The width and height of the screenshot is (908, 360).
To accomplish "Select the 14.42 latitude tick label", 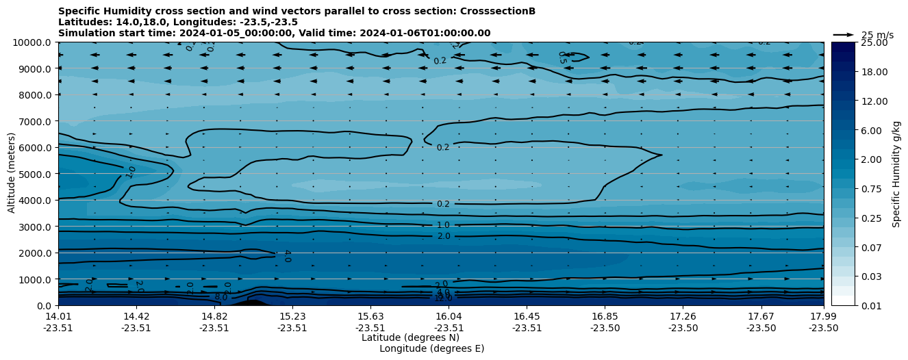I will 136,316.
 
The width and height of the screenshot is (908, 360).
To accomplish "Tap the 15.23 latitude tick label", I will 292,316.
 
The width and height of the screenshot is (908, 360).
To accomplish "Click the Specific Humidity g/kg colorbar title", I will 896,174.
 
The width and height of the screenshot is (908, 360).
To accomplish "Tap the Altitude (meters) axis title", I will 12,174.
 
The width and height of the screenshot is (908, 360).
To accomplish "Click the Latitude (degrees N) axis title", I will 410,337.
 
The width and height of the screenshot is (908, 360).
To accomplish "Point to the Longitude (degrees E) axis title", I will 431,348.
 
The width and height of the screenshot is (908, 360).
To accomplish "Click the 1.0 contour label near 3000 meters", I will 443,225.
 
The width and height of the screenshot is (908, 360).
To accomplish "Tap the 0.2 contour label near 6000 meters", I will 443,147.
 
